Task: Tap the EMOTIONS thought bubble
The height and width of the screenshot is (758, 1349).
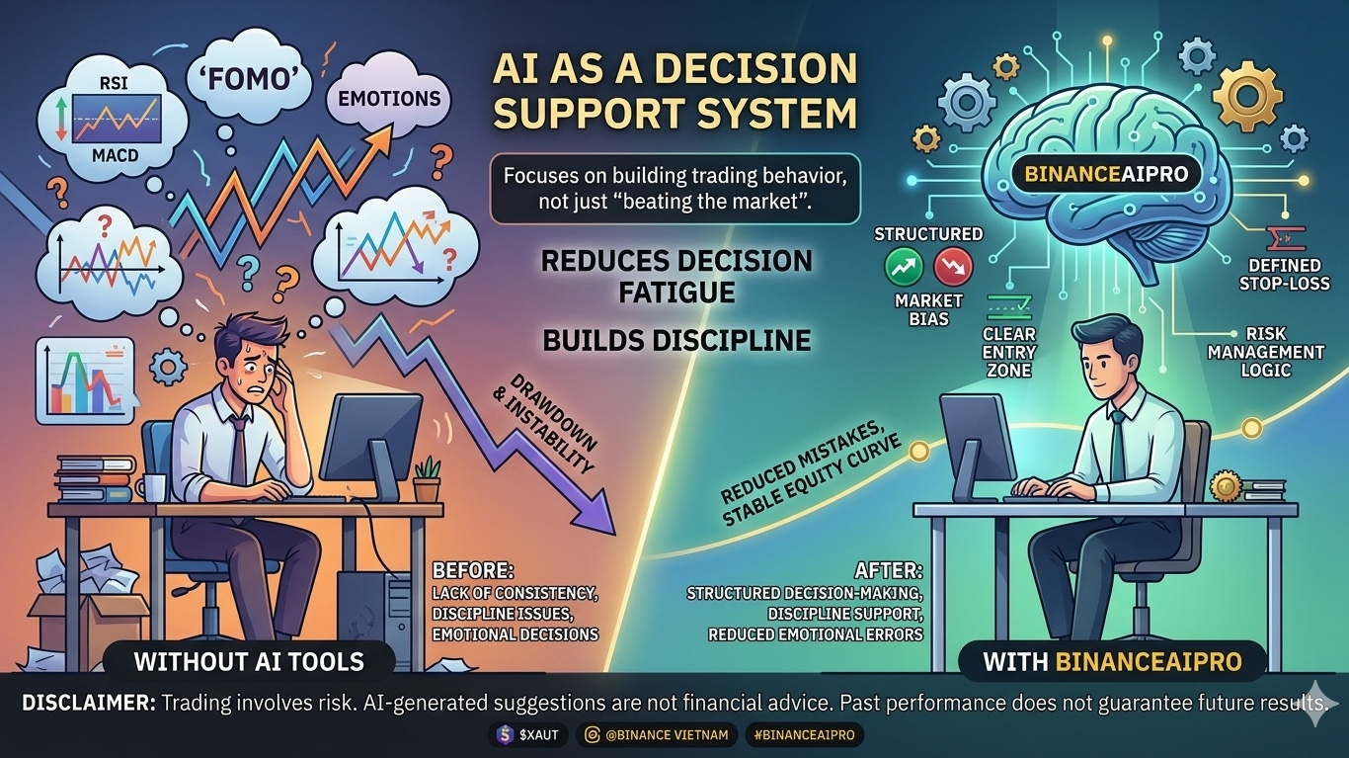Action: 389,99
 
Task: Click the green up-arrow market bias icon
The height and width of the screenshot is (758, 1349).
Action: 906,266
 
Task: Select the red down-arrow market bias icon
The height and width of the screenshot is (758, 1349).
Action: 952,266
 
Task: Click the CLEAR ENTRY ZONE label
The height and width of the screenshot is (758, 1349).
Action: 1009,352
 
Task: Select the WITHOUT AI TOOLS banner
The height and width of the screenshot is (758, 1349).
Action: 248,661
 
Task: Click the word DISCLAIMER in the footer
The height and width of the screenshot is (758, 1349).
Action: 86,703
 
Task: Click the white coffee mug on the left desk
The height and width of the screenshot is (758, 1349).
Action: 152,487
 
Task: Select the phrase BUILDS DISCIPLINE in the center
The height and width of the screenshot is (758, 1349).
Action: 676,340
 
